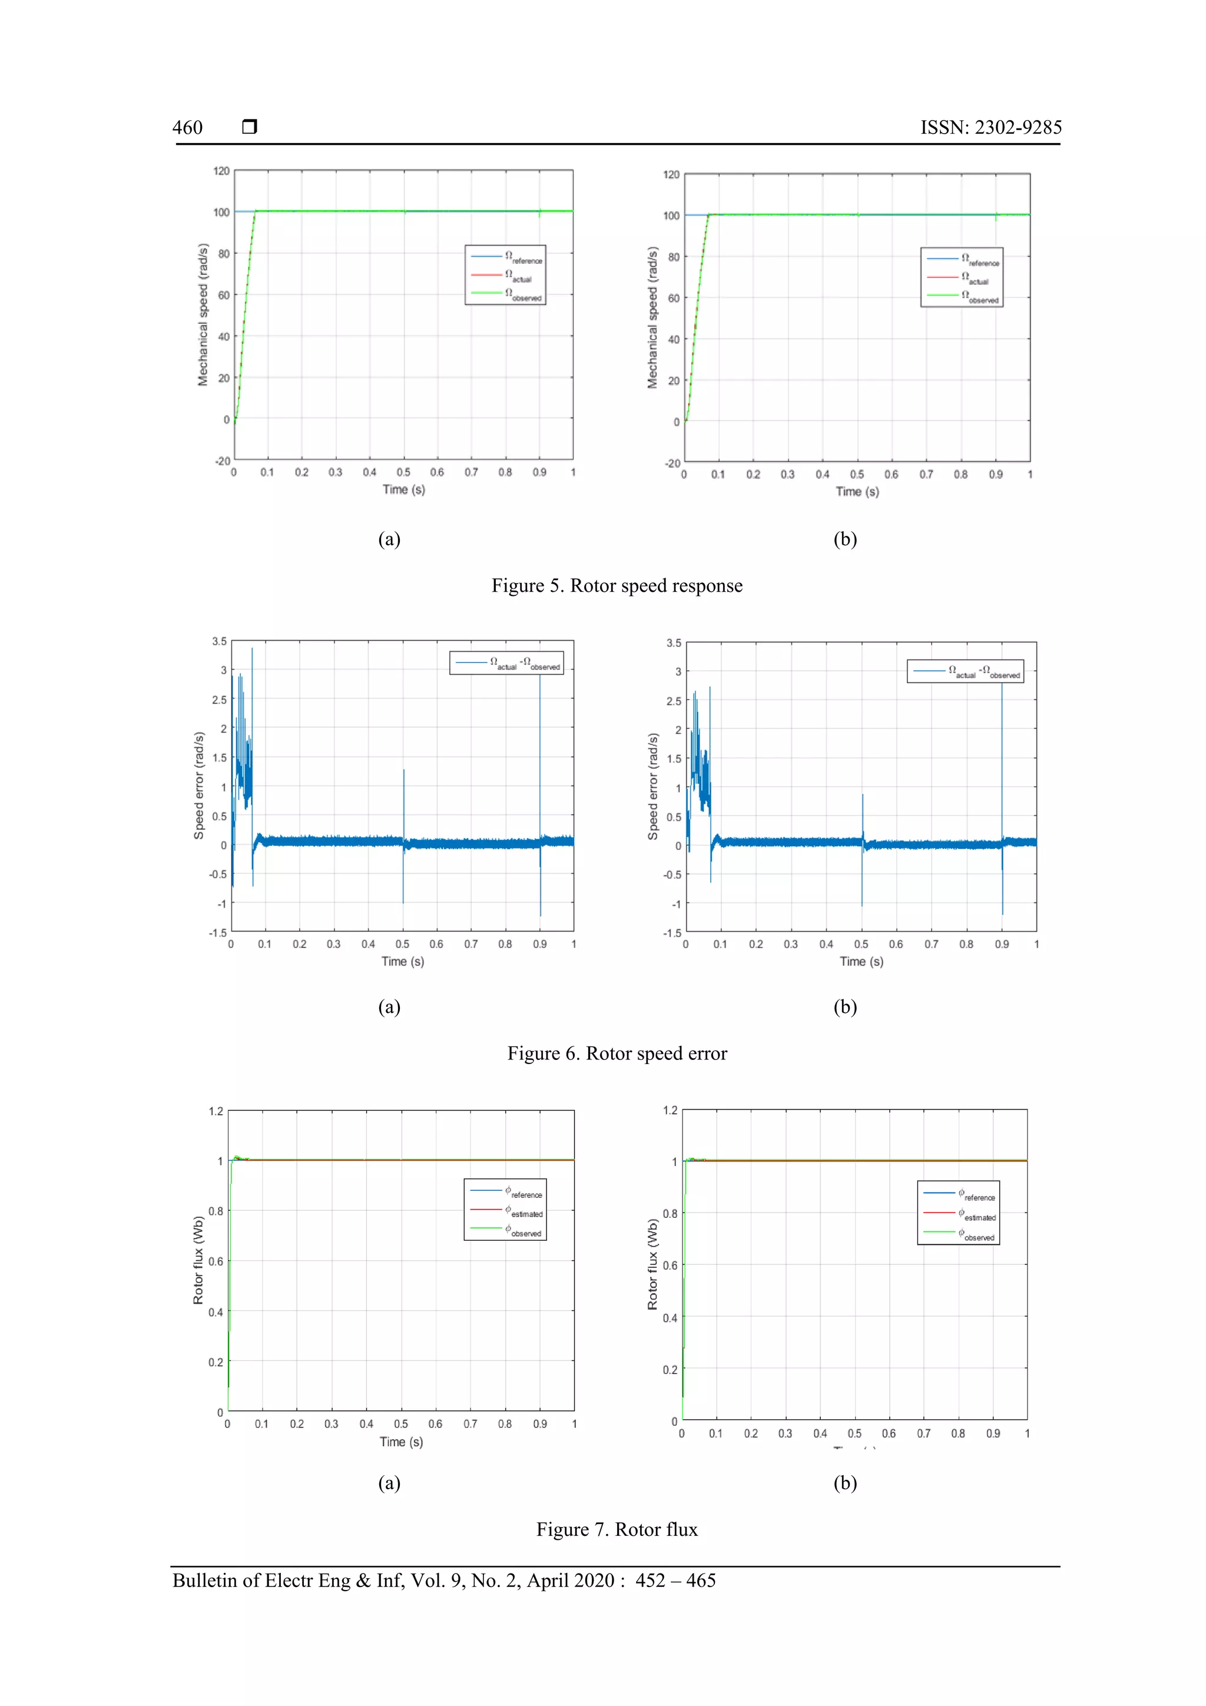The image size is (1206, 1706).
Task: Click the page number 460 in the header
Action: (x=187, y=128)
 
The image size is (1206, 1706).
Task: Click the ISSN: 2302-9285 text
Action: (x=990, y=128)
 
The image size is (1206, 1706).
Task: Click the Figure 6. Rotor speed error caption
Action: (x=617, y=1053)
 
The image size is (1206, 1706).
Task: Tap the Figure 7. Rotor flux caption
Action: (x=617, y=1529)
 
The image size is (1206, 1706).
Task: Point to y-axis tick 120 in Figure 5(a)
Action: (x=221, y=171)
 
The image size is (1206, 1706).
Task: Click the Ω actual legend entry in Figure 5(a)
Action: (x=518, y=276)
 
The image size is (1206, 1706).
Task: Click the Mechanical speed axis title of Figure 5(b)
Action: (x=652, y=318)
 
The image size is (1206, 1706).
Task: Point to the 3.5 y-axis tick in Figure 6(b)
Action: (x=673, y=642)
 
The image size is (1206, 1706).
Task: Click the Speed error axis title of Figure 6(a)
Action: (x=198, y=786)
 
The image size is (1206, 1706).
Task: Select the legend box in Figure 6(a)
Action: (x=506, y=662)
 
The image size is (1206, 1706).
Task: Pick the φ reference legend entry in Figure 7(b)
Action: (x=977, y=1195)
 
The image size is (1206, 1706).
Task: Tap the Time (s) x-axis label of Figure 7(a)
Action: (x=401, y=1442)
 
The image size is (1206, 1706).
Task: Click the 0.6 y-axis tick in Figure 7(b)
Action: (x=670, y=1266)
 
